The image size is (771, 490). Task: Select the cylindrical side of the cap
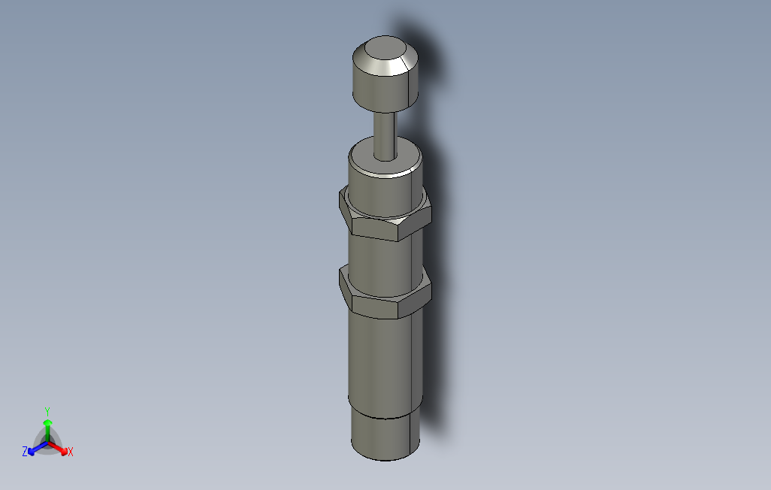click(x=384, y=89)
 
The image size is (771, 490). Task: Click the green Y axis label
click(x=47, y=411)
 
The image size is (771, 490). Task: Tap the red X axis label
click(x=70, y=452)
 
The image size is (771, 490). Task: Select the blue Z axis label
click(x=25, y=452)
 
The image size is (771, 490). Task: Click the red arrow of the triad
click(x=61, y=449)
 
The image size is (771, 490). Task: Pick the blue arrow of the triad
click(x=34, y=449)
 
